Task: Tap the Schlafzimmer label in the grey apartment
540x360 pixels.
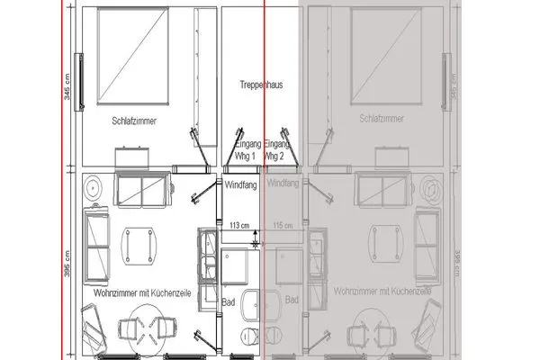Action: click(382, 117)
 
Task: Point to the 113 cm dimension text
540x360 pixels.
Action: click(239, 224)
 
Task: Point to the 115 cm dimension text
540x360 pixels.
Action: click(283, 224)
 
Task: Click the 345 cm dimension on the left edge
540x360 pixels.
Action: click(67, 86)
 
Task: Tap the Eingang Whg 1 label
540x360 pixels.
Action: click(247, 149)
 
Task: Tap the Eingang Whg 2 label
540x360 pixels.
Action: click(277, 149)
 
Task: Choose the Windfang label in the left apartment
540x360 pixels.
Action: click(239, 184)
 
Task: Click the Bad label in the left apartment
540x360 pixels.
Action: click(228, 301)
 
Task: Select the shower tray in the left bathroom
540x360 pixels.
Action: click(241, 266)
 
